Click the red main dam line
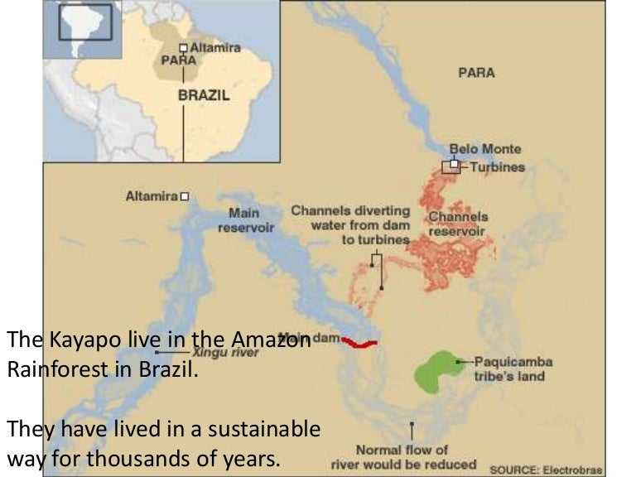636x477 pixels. click(359, 342)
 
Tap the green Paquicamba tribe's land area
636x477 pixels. click(439, 369)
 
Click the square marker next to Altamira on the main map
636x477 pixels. click(185, 196)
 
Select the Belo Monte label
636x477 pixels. click(485, 149)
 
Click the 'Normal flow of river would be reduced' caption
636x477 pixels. click(403, 457)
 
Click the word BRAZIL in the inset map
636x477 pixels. click(204, 95)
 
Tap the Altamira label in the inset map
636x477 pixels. click(215, 48)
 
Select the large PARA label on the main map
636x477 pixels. click(476, 73)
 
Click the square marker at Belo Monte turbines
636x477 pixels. click(453, 164)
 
